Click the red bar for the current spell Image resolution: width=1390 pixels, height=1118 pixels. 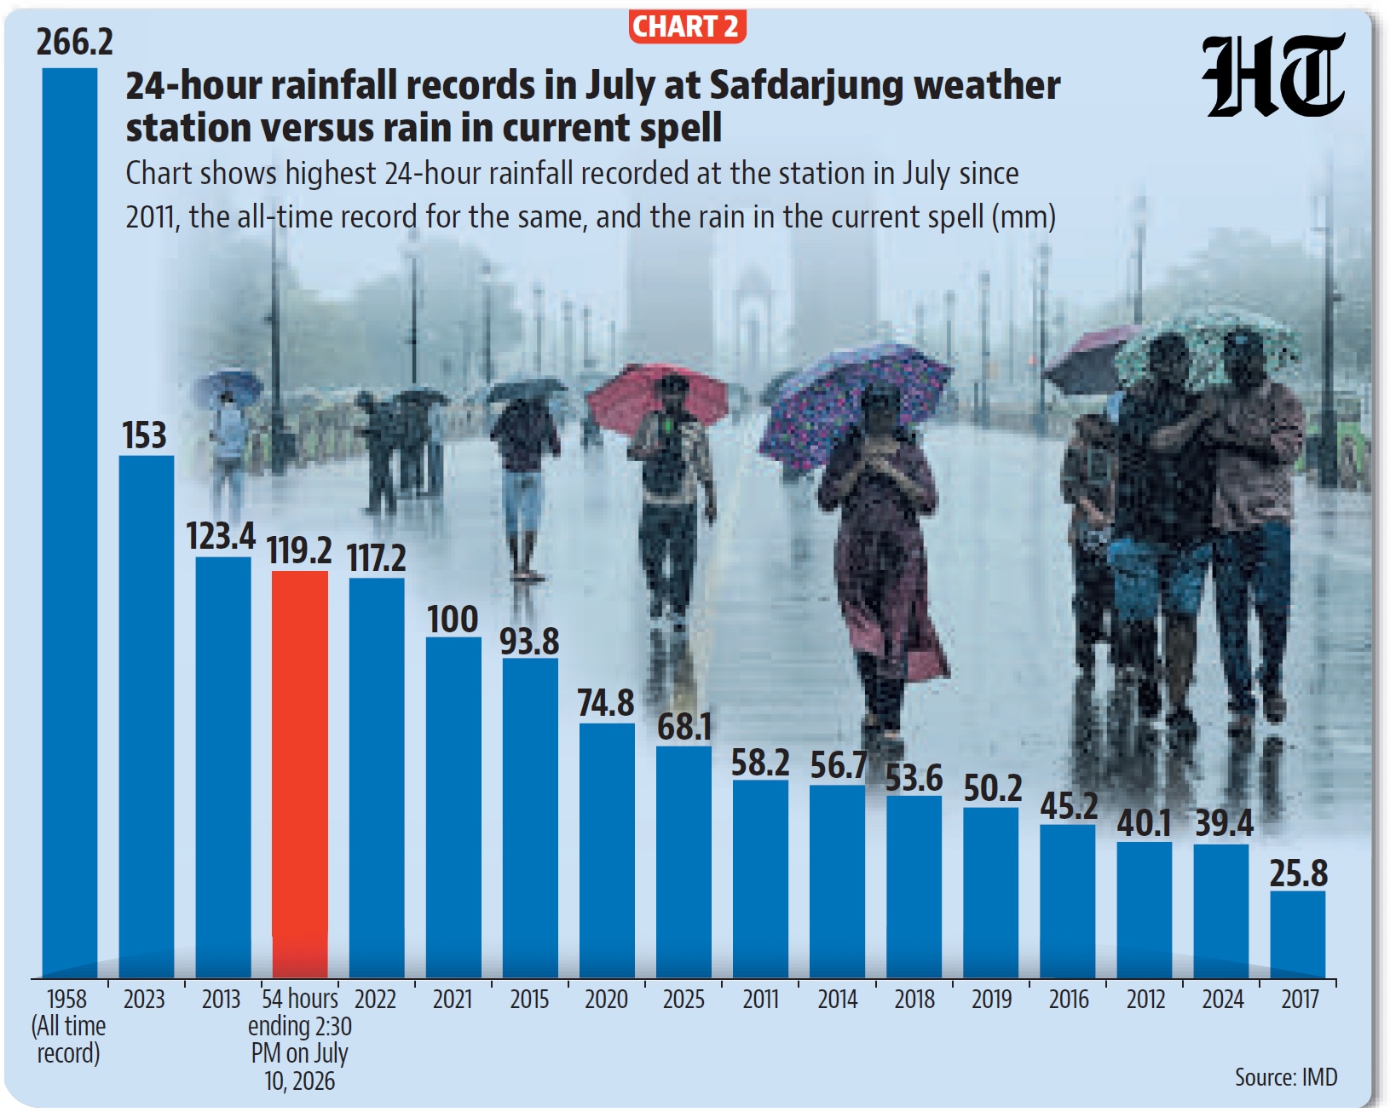[300, 774]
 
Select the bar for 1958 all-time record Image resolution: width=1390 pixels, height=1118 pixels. [70, 522]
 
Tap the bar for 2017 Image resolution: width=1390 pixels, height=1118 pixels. [1298, 934]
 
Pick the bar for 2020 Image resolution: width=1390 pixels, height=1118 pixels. [607, 850]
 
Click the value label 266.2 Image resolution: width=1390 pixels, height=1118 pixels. [75, 43]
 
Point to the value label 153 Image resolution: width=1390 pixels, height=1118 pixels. [145, 435]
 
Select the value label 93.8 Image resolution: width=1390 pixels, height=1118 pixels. [529, 641]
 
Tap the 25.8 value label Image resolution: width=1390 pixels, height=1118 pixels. [1298, 873]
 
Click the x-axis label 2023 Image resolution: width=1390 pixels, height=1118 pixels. [144, 1000]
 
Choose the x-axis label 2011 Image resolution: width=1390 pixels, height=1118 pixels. [760, 1000]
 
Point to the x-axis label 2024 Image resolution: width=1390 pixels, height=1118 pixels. [1222, 1000]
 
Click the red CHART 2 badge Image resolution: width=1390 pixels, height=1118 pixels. [687, 26]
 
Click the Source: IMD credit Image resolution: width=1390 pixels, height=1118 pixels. [1286, 1076]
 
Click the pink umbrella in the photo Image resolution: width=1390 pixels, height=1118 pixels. [657, 395]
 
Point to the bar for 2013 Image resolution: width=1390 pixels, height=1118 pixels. [222, 767]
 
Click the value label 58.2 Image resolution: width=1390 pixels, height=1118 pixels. [760, 763]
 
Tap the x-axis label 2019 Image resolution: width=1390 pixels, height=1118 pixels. [991, 1000]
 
